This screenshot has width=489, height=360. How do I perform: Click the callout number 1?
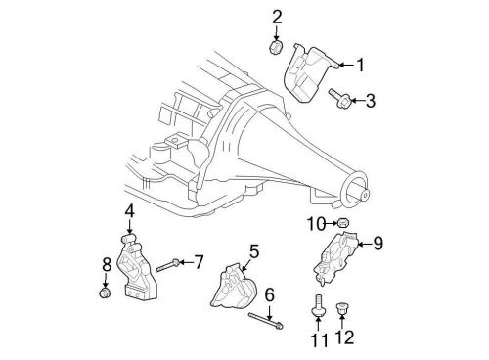(359, 66)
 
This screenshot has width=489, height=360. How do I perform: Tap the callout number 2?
(277, 17)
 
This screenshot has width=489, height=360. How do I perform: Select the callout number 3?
(370, 100)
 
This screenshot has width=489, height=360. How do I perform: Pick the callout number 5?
(253, 251)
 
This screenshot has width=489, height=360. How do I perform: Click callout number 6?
(270, 292)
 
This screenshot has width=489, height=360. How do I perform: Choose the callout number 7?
(199, 261)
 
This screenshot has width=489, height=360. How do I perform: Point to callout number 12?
(342, 338)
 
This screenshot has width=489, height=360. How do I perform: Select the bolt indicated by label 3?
(336, 98)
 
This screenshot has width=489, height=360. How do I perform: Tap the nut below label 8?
(106, 292)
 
